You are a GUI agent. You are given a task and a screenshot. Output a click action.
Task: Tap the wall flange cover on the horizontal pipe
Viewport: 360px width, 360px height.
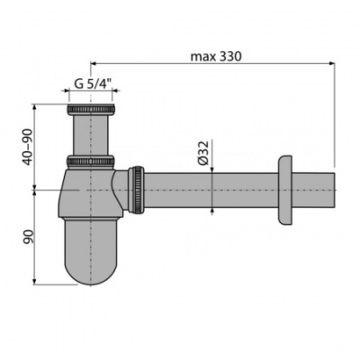[x=285, y=191]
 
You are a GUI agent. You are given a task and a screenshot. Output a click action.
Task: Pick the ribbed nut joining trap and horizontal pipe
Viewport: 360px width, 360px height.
[x=137, y=190]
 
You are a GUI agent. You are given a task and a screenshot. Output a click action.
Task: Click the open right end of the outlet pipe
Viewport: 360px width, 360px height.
[x=334, y=191]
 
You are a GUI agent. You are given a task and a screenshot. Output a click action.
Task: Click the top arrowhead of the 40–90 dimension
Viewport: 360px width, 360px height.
[x=34, y=108]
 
